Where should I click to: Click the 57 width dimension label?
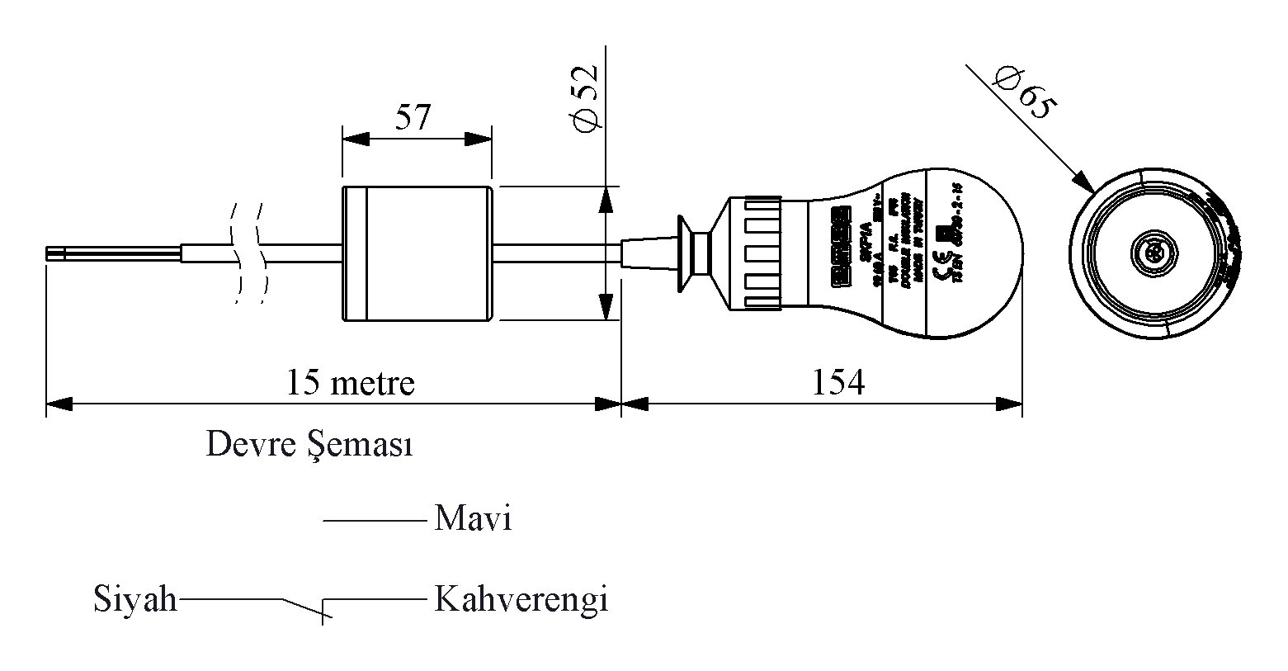(x=413, y=118)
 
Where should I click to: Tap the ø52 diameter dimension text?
(x=584, y=97)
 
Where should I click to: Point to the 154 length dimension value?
(x=838, y=382)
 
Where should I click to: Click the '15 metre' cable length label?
(x=350, y=382)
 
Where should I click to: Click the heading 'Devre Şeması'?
(x=309, y=445)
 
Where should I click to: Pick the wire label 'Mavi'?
(x=473, y=519)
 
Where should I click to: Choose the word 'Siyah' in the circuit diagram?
(x=135, y=599)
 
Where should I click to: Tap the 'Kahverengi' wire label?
(x=521, y=599)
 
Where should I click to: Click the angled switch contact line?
(x=303, y=607)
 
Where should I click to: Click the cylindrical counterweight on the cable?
(x=418, y=253)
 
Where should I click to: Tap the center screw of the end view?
(x=1149, y=253)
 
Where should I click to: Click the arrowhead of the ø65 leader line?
(x=1083, y=183)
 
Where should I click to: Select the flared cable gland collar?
(x=685, y=253)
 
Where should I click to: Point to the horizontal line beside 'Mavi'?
(x=373, y=520)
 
